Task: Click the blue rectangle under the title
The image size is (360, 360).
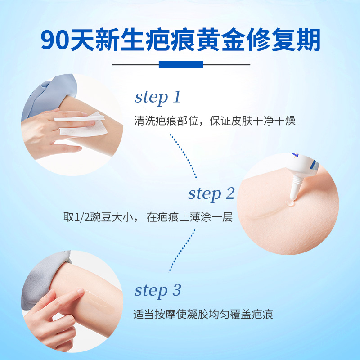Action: pyautogui.click(x=181, y=65)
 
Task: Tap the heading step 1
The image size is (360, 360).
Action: pyautogui.click(x=157, y=97)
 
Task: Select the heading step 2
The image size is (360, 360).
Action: pyautogui.click(x=211, y=193)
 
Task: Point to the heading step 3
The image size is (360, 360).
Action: pyautogui.click(x=157, y=290)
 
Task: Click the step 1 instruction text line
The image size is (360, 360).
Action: pyautogui.click(x=215, y=121)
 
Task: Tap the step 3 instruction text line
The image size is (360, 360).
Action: pyautogui.click(x=203, y=314)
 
